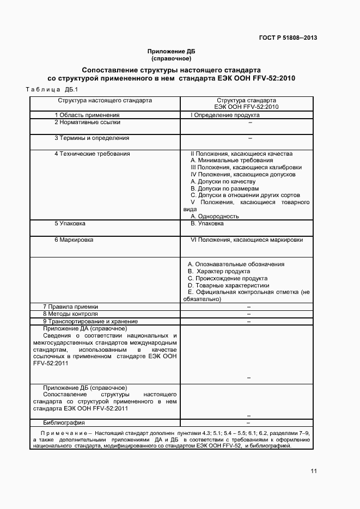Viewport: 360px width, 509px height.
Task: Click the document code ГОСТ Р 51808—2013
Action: tap(288, 38)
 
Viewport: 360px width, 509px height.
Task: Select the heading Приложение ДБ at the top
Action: tap(171, 51)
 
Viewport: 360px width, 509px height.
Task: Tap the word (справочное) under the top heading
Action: tap(171, 58)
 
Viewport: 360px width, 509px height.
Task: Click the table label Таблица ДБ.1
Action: tap(52, 89)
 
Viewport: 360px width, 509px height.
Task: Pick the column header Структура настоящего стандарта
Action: tap(105, 101)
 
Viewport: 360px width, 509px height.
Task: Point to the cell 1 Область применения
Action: tap(87, 115)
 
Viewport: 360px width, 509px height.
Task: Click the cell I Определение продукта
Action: tap(221, 115)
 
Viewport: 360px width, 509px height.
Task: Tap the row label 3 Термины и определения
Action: tap(91, 138)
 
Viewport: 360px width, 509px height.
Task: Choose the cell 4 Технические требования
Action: tap(92, 154)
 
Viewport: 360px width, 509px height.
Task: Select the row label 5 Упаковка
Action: tap(70, 224)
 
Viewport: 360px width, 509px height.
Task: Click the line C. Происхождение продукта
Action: tap(228, 278)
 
